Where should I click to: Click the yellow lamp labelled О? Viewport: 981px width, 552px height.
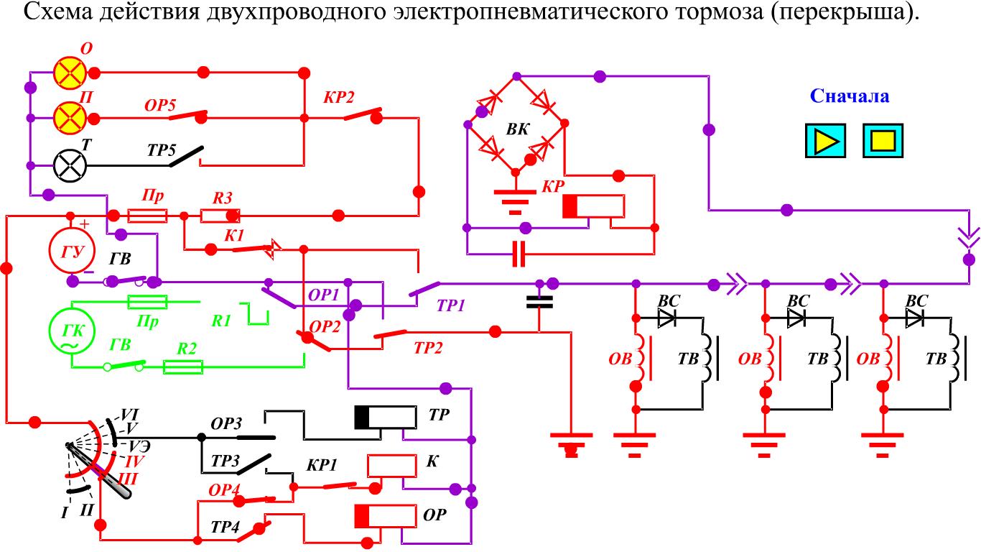click(x=70, y=73)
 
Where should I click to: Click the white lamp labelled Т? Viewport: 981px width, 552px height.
click(x=70, y=165)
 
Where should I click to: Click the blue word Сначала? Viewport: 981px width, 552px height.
click(x=850, y=96)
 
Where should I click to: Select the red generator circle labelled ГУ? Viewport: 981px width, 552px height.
click(x=66, y=249)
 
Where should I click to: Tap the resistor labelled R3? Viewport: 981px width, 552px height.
click(x=220, y=216)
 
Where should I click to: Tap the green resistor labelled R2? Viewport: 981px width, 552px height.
click(x=183, y=367)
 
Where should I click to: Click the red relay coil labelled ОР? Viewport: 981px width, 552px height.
click(x=386, y=516)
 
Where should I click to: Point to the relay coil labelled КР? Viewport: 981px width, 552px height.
click(x=593, y=206)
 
